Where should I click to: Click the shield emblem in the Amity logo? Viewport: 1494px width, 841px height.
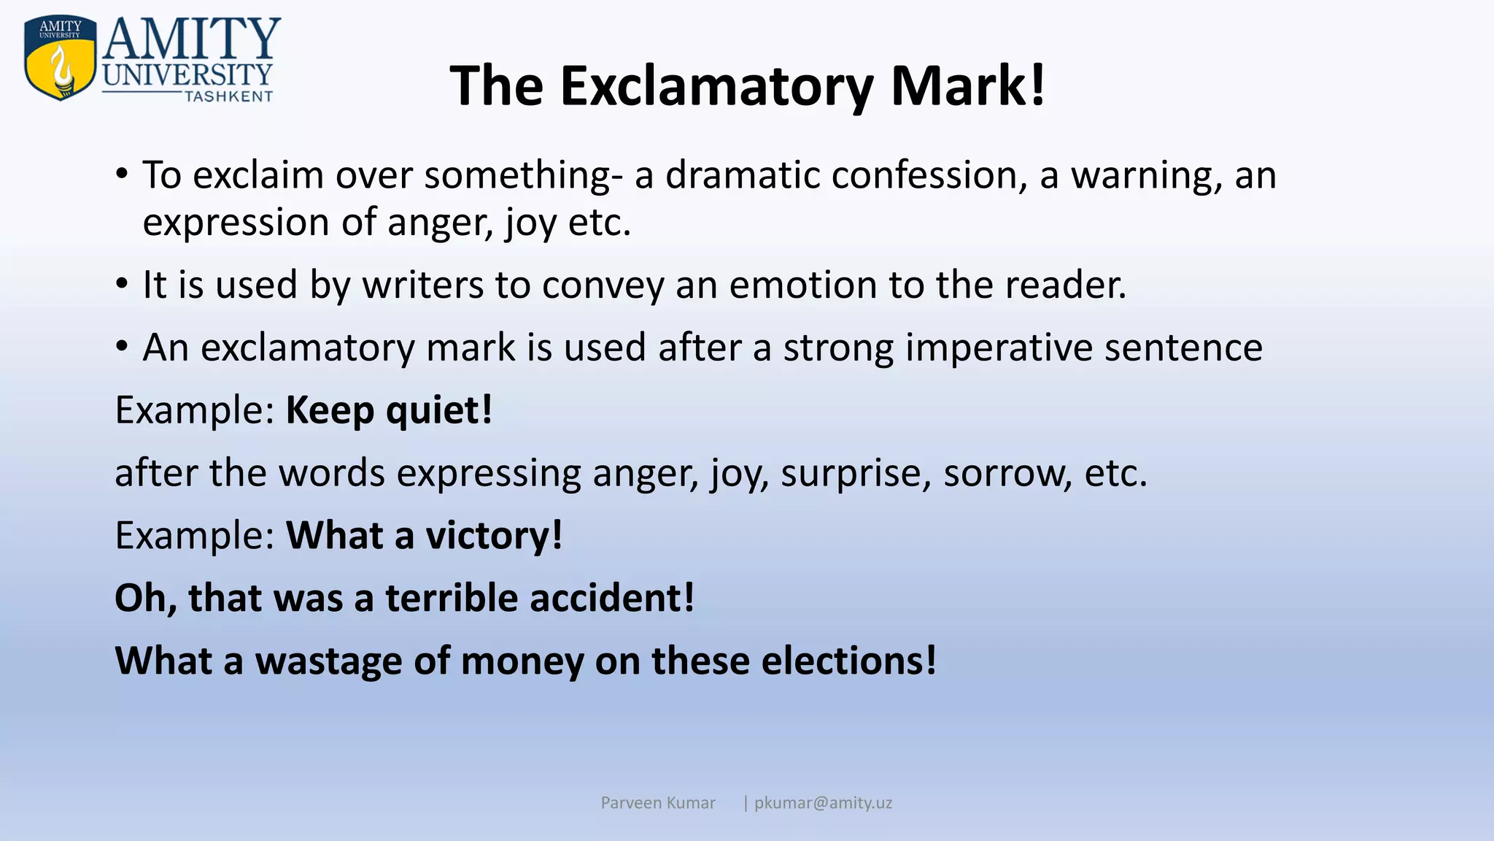61,58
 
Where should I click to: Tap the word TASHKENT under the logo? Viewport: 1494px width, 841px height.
228,96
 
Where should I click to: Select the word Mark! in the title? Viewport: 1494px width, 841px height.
968,86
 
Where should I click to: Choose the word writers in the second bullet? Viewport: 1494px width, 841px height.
422,285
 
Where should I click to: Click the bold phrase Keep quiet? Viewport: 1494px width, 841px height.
389,410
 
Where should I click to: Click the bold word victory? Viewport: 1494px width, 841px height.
494,536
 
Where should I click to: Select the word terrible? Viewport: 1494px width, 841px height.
452,598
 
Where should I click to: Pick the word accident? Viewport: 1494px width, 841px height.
612,598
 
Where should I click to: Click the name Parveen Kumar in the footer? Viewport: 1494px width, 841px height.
658,803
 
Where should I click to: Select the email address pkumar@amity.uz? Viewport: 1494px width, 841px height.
823,803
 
